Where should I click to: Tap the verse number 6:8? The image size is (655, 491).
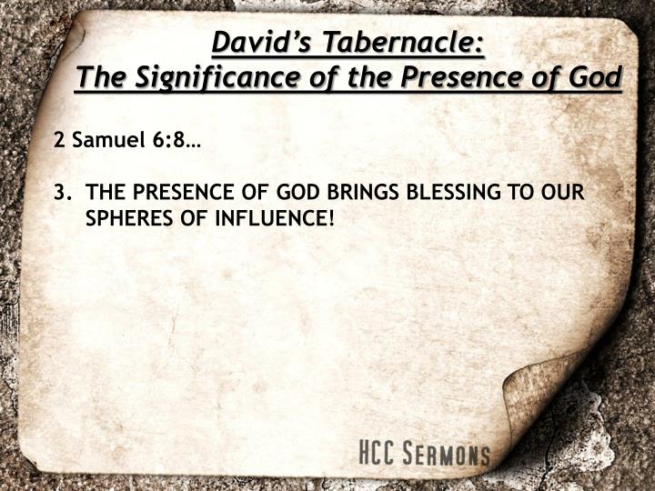[x=173, y=142]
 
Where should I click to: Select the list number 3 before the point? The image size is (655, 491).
[x=61, y=193]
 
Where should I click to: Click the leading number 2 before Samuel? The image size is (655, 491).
[x=59, y=142]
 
